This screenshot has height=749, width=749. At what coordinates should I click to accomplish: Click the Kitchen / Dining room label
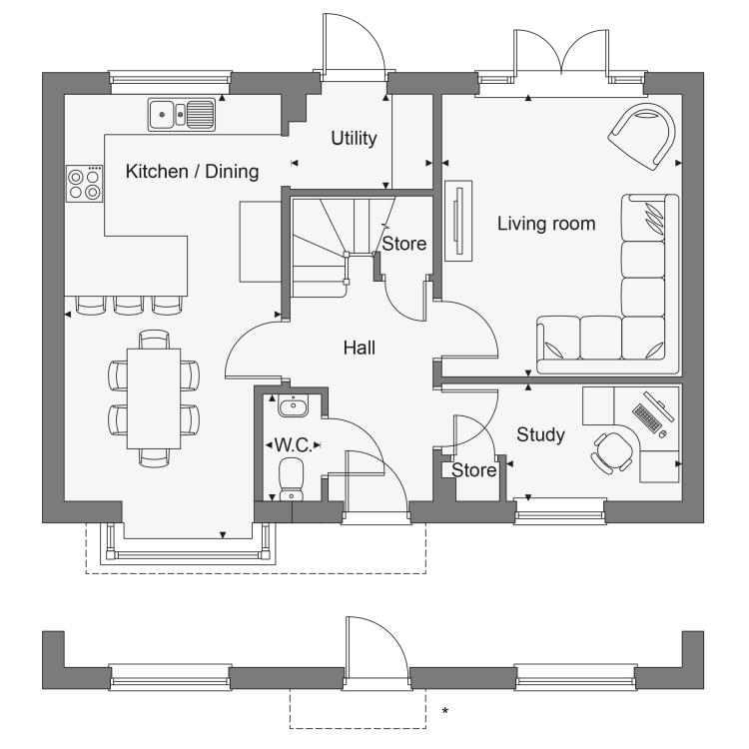(x=192, y=172)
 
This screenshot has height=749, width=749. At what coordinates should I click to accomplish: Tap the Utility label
(x=354, y=138)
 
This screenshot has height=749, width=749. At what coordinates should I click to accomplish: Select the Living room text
(x=546, y=224)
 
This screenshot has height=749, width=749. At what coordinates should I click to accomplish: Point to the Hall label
(x=360, y=348)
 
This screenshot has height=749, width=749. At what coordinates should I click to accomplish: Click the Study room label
(x=540, y=434)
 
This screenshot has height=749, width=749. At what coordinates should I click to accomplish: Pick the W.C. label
(x=293, y=445)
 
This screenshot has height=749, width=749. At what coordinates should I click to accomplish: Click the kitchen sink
(x=181, y=114)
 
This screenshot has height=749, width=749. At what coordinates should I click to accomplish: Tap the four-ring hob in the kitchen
(x=84, y=184)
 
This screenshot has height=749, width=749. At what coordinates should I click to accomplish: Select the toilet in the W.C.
(x=291, y=479)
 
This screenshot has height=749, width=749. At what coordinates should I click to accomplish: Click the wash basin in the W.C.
(x=293, y=406)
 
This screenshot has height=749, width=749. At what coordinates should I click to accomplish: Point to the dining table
(x=154, y=398)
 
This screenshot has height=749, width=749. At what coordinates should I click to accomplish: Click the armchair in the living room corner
(x=642, y=136)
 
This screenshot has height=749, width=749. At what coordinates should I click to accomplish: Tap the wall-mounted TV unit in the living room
(x=458, y=221)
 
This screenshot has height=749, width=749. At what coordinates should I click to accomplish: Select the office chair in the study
(x=612, y=451)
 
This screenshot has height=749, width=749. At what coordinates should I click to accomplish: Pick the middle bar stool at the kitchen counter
(x=129, y=306)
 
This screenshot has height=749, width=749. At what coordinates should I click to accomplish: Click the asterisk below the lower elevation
(x=445, y=711)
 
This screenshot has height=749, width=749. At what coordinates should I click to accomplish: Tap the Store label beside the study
(x=473, y=470)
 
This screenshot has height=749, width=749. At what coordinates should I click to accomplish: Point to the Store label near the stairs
(x=404, y=244)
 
